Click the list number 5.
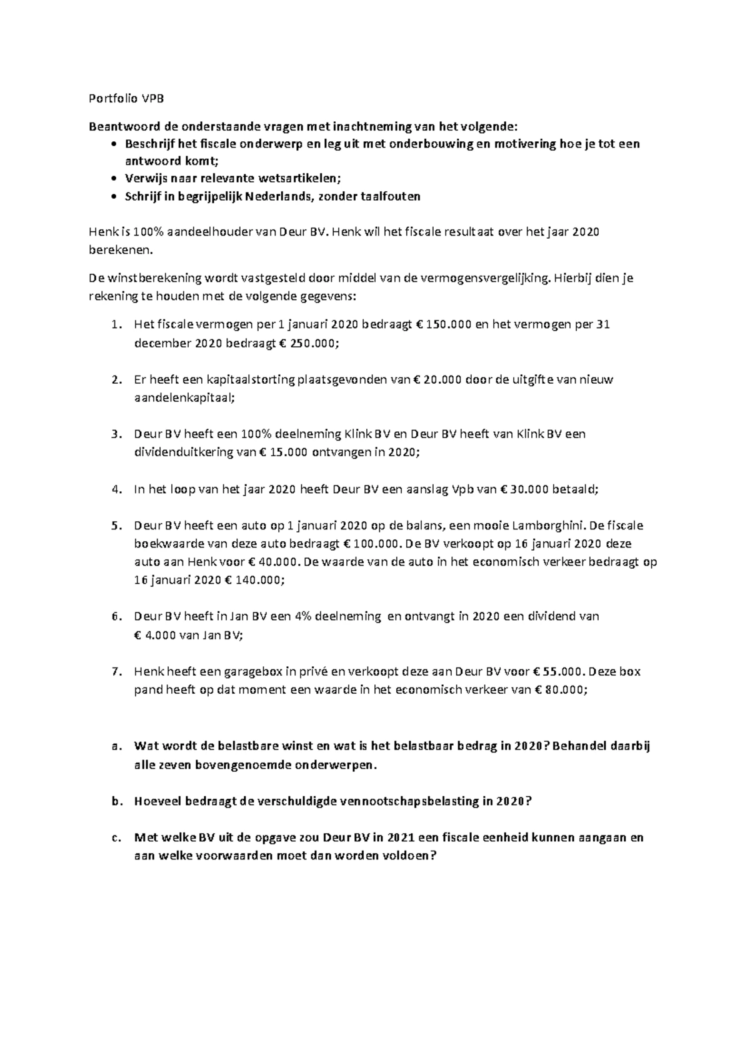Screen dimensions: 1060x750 point(115,526)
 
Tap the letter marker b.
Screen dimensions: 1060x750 point(115,802)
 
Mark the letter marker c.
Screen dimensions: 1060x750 point(115,838)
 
